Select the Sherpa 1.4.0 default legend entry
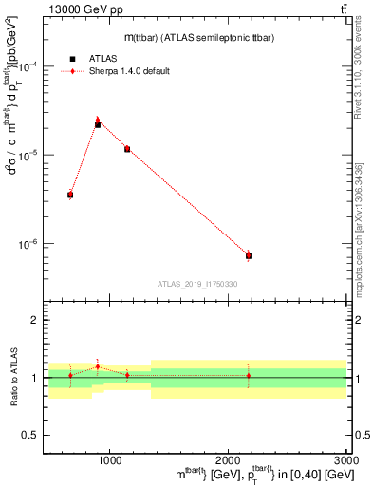129,71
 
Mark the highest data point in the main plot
98,124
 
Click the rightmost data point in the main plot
249,256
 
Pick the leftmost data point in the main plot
70,195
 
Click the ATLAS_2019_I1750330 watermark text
197,284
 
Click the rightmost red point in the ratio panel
249,376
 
